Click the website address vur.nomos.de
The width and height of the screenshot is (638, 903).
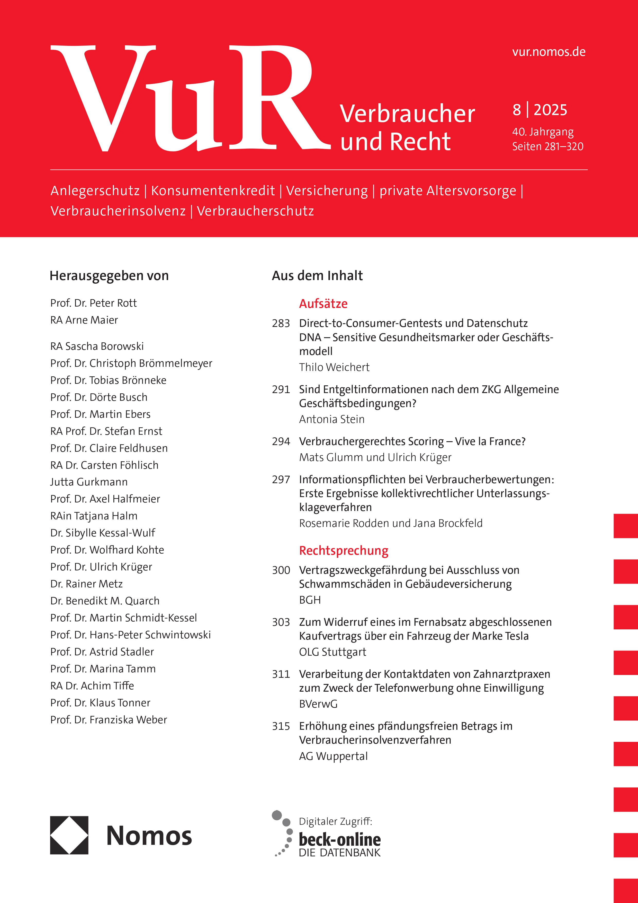[549, 52]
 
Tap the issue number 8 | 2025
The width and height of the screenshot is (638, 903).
[540, 110]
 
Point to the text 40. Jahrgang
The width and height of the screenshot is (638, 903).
[543, 132]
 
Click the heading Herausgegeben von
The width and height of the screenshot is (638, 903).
[109, 276]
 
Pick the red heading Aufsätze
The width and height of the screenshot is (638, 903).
[323, 304]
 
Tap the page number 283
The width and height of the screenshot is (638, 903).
[281, 323]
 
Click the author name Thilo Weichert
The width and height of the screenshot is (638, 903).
[334, 367]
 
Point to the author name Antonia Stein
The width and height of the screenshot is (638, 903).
[331, 419]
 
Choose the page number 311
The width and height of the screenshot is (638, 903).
[281, 674]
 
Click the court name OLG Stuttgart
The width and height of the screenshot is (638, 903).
[332, 652]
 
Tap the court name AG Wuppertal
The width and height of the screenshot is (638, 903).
[333, 756]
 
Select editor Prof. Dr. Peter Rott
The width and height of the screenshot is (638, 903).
[94, 303]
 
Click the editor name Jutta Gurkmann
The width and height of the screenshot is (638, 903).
[89, 482]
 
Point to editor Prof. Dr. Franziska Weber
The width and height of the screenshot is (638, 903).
[109, 720]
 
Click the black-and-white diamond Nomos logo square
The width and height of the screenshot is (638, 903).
[69, 835]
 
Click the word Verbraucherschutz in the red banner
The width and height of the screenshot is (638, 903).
[255, 211]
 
